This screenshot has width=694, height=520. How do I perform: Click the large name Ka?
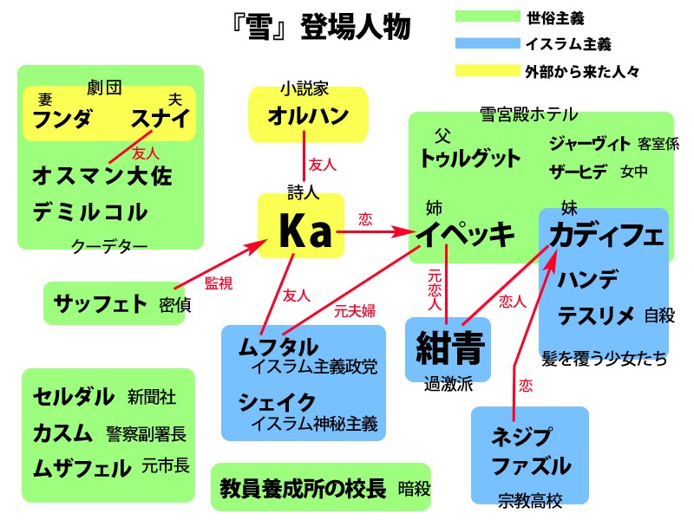point(301,231)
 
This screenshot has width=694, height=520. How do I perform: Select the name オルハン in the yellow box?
point(308,115)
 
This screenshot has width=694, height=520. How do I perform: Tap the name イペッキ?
point(465,234)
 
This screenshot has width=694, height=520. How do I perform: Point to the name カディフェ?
point(606,234)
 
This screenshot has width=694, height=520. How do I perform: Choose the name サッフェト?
point(101,303)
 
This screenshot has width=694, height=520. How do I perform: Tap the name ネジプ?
point(521,435)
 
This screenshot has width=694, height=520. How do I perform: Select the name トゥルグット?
point(469,159)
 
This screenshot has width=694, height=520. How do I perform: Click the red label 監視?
point(218,282)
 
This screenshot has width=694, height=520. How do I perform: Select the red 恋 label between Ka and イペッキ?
point(365,220)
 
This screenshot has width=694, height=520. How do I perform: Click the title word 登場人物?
point(356,28)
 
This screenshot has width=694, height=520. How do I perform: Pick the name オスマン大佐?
point(102,177)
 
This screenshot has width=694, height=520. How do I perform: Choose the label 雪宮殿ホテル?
point(529,114)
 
